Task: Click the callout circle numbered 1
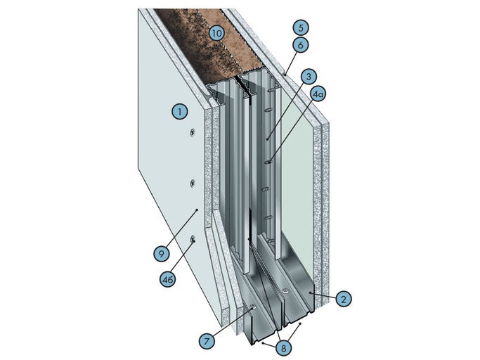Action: pyautogui.click(x=180, y=112)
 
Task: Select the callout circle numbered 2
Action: pyautogui.click(x=344, y=299)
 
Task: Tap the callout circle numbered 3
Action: pyautogui.click(x=309, y=77)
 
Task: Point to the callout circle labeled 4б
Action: pyautogui.click(x=168, y=280)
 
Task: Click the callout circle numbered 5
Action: pyautogui.click(x=301, y=27)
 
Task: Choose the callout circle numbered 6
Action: pyautogui.click(x=301, y=45)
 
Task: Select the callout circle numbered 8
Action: pyautogui.click(x=283, y=348)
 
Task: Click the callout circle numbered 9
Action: pyautogui.click(x=162, y=254)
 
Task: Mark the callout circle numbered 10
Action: pyautogui.click(x=217, y=33)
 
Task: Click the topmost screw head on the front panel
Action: pyautogui.click(x=193, y=133)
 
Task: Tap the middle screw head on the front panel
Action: pyautogui.click(x=193, y=184)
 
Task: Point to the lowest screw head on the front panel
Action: pyautogui.click(x=193, y=240)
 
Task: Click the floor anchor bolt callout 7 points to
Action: pyautogui.click(x=253, y=307)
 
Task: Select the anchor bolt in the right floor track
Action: pyautogui.click(x=285, y=291)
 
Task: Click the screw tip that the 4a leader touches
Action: pyautogui.click(x=268, y=162)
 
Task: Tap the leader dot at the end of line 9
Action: pyautogui.click(x=197, y=210)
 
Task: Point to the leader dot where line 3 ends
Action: pyautogui.click(x=267, y=139)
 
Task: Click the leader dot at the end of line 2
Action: pyautogui.click(x=310, y=293)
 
